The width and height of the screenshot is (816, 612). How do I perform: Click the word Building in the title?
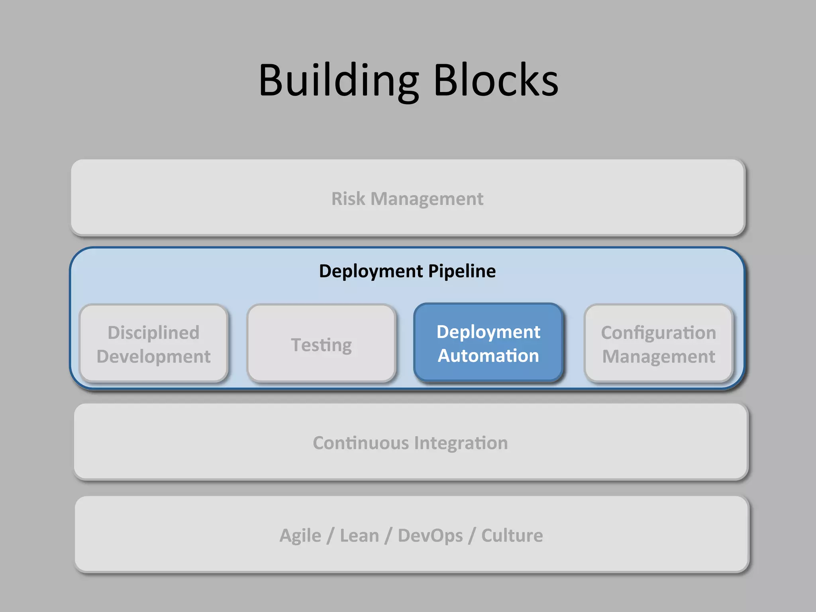pos(339,80)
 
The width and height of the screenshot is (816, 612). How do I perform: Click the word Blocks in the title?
pos(496,80)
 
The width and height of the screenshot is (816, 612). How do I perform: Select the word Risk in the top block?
pos(348,198)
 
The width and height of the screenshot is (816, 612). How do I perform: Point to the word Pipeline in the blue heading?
pos(462,271)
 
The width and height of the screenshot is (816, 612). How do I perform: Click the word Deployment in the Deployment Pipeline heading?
pos(371,271)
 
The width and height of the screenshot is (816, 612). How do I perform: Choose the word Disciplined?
pos(153,333)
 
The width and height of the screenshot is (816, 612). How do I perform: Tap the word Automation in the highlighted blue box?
pos(488,355)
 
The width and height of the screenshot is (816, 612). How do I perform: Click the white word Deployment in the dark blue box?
pos(488,332)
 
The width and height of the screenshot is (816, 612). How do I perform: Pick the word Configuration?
pos(658,333)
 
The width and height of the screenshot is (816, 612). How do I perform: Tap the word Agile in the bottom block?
pos(300,535)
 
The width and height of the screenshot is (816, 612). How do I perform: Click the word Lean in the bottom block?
pos(359,535)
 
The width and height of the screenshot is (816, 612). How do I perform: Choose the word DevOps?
pos(430,535)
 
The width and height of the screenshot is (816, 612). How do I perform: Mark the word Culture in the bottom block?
pos(512,535)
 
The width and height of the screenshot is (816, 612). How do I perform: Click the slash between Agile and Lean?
pos(330,535)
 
